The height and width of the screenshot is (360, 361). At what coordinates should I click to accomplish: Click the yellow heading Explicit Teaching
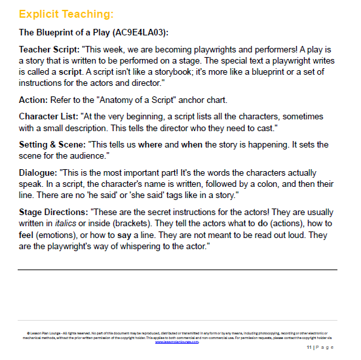click(66, 13)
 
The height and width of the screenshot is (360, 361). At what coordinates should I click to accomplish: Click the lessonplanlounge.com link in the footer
click(177, 342)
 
